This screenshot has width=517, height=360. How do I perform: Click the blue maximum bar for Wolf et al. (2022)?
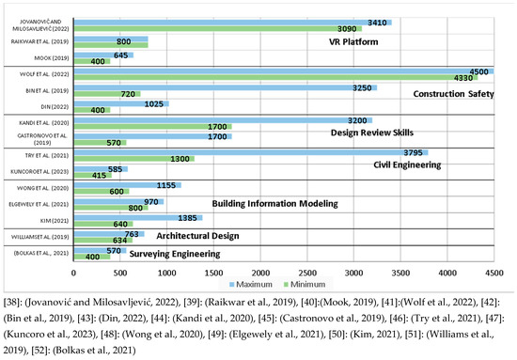[x=282, y=71]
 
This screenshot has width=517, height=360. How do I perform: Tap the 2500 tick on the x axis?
[x=307, y=273]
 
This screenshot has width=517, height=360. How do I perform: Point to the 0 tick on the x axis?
[x=74, y=273]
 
